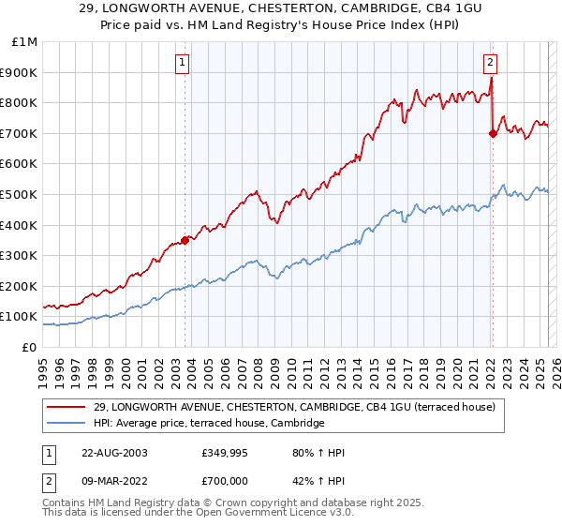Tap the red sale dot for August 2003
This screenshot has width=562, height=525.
click(185, 240)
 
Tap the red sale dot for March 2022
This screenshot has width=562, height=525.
click(493, 133)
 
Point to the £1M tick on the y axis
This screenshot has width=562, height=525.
click(25, 42)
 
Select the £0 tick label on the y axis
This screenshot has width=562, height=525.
click(29, 347)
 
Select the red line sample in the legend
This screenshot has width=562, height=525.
click(66, 406)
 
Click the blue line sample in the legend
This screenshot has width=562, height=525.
click(66, 423)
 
